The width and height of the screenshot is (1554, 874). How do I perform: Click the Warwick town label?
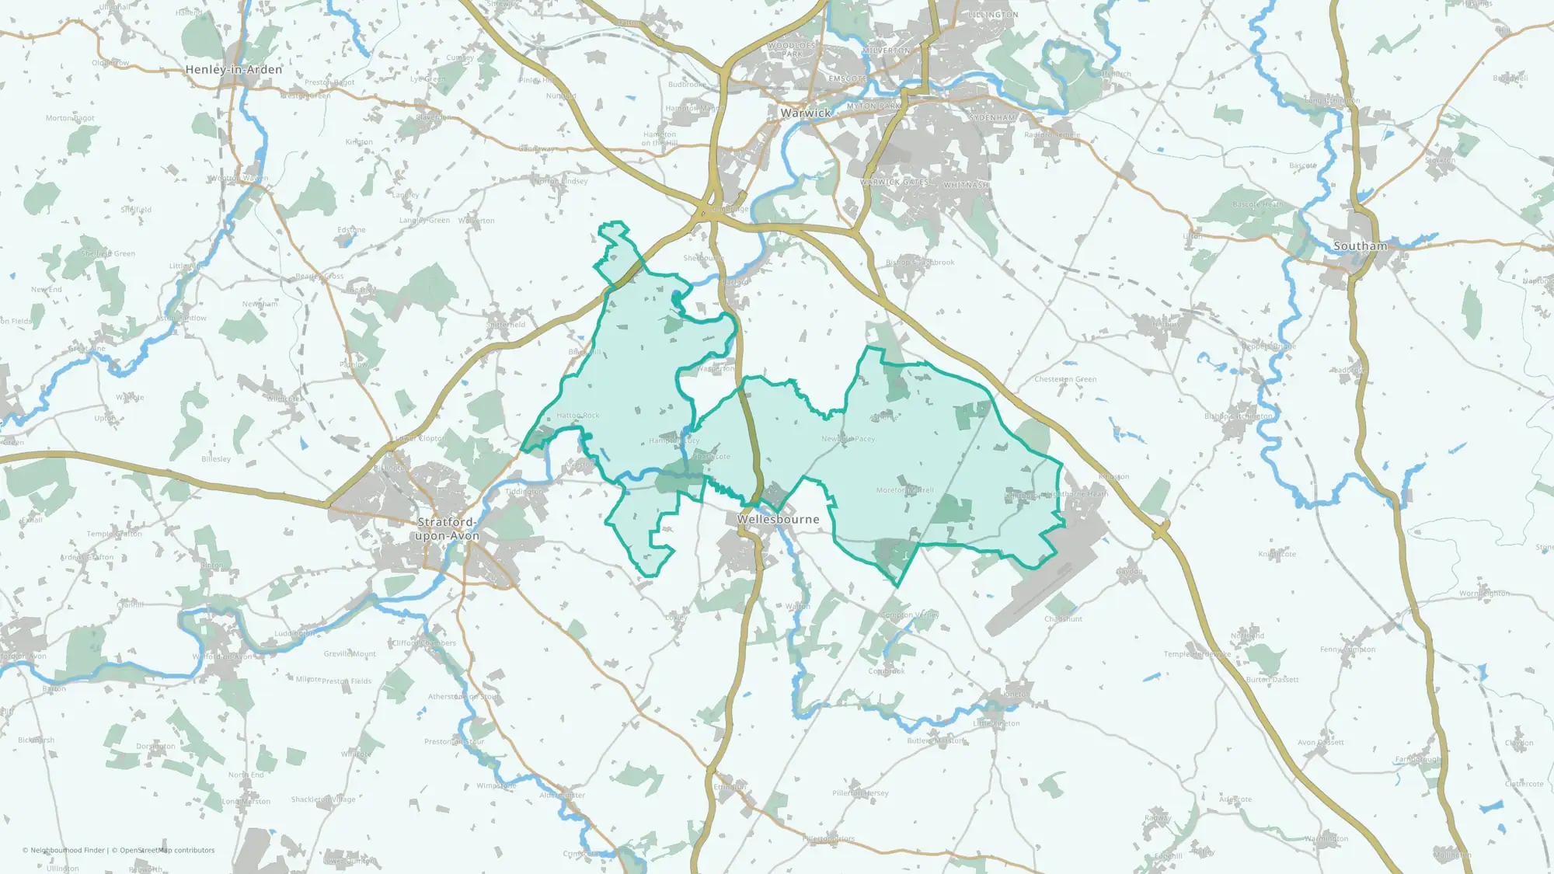[806, 113]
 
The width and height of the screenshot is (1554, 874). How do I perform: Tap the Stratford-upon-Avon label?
[448, 529]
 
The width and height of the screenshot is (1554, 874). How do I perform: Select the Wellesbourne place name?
[778, 519]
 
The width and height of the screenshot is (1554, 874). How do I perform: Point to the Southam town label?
[1360, 246]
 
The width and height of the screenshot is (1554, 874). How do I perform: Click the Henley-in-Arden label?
[234, 70]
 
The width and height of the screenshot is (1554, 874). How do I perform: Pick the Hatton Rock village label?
[578, 416]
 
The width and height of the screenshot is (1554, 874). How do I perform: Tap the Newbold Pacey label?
[848, 439]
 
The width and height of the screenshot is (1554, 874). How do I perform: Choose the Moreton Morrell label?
[905, 490]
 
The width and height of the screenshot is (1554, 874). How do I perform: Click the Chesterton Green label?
[1065, 379]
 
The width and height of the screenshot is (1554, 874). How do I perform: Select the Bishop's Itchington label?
[1239, 416]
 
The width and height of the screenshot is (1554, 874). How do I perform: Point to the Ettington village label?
[730, 787]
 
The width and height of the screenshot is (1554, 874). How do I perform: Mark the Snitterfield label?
[506, 325]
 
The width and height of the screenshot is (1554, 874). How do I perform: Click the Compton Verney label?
[910, 615]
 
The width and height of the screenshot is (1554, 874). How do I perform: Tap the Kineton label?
[1016, 694]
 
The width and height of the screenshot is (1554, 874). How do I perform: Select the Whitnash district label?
[967, 186]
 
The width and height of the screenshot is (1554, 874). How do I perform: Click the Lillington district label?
[993, 15]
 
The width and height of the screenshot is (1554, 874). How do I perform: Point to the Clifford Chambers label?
[424, 643]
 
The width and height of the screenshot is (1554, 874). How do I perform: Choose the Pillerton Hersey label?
[860, 793]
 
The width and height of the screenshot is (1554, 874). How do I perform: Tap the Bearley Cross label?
[319, 277]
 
